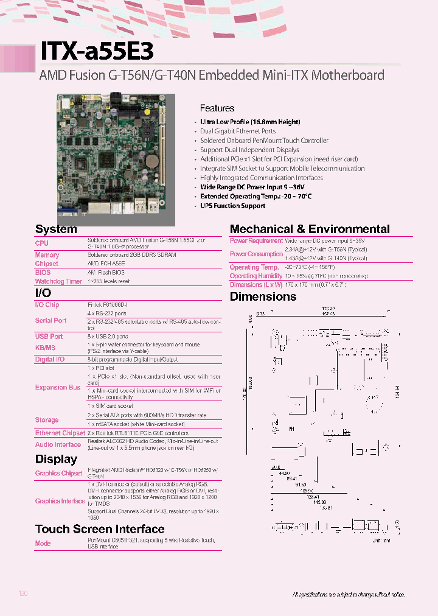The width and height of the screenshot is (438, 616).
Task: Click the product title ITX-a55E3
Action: point(97,52)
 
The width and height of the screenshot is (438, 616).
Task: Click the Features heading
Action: point(217,108)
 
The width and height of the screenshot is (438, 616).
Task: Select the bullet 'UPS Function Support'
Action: point(232,206)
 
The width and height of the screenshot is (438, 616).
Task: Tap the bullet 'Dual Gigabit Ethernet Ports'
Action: point(238,131)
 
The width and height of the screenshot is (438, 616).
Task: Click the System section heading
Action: point(56,229)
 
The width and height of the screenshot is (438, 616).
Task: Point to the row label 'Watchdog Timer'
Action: point(58,282)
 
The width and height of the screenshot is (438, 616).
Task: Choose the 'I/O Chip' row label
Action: point(47,304)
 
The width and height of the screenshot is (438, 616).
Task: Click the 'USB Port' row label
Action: point(49,336)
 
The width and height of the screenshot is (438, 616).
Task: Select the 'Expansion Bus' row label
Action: point(58,387)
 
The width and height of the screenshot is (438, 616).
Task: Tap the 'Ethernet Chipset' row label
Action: point(60,433)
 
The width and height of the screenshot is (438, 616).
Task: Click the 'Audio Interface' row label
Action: point(58,444)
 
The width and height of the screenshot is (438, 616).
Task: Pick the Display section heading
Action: point(56,460)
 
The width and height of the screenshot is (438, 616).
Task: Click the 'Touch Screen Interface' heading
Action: point(100,530)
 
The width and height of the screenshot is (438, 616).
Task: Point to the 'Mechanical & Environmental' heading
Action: point(310,229)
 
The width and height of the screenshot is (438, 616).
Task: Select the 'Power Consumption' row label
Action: point(256,254)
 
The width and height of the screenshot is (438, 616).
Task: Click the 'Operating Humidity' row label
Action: point(256,276)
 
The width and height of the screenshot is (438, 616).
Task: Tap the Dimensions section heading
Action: point(263,297)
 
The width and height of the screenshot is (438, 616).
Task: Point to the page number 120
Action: point(24,593)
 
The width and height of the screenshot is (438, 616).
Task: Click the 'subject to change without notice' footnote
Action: point(349,594)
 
